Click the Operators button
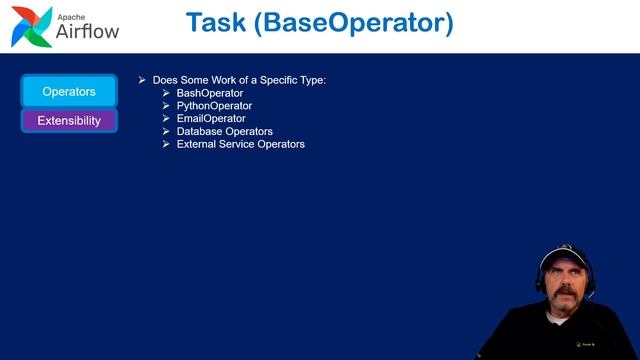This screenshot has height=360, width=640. click(x=69, y=92)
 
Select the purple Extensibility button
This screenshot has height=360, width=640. click(x=69, y=121)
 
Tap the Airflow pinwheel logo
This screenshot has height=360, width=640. click(x=31, y=27)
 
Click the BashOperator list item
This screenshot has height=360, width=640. click(x=210, y=93)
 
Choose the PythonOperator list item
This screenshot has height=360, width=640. click(x=214, y=106)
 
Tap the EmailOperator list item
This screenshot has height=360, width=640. click(x=211, y=119)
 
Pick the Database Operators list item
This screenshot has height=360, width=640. click(x=225, y=131)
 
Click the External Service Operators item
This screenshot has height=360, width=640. click(x=241, y=144)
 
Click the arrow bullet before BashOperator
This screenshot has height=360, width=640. click(x=167, y=93)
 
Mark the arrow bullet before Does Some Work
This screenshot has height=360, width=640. click(x=143, y=79)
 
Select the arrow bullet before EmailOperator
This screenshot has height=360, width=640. click(x=167, y=119)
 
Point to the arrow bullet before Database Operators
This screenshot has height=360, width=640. click(x=167, y=131)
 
